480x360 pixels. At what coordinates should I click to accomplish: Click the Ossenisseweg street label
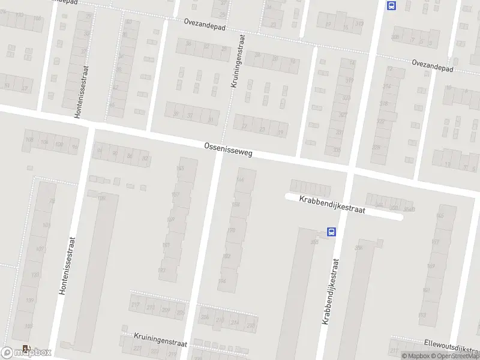[228, 149]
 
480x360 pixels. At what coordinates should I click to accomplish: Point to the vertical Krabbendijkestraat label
[331, 292]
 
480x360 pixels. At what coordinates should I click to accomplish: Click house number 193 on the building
[162, 271]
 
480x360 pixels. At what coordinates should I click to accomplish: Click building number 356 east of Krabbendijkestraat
[359, 247]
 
